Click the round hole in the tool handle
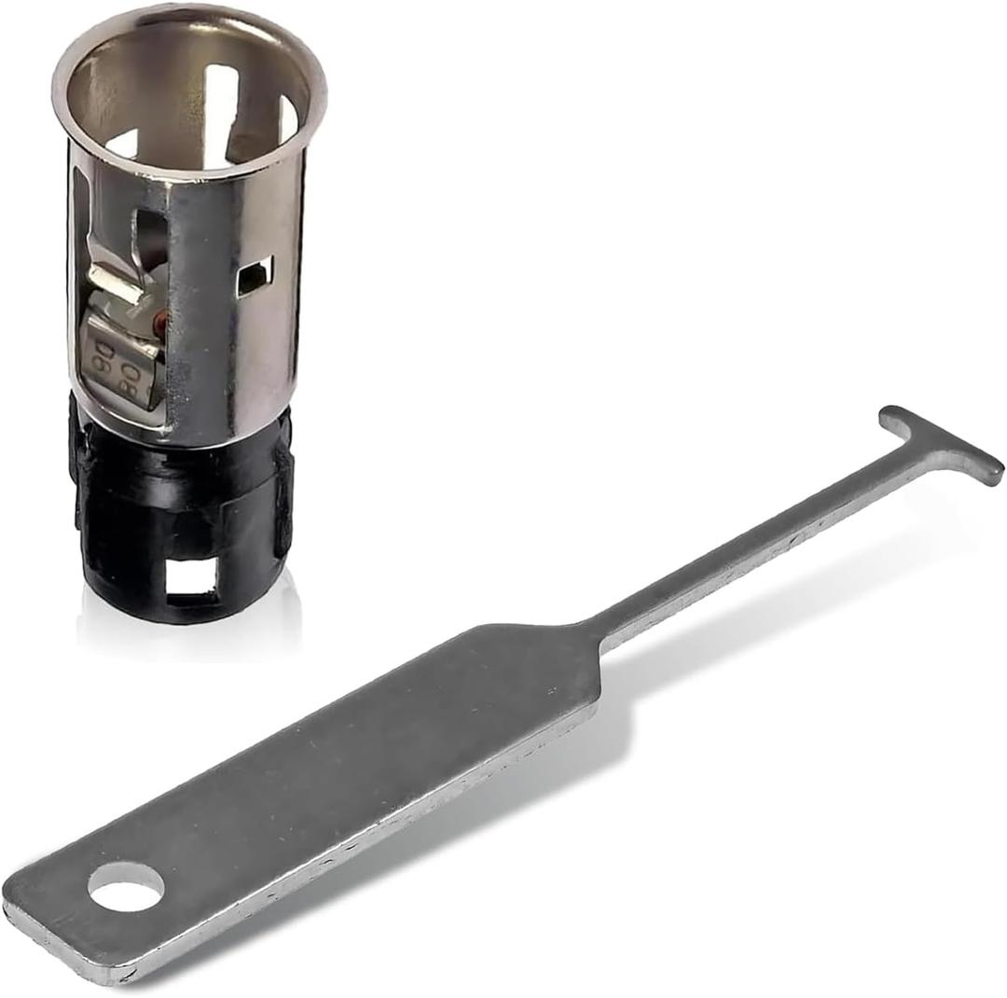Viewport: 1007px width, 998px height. click(126, 886)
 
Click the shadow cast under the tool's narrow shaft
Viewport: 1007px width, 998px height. click(774, 606)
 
